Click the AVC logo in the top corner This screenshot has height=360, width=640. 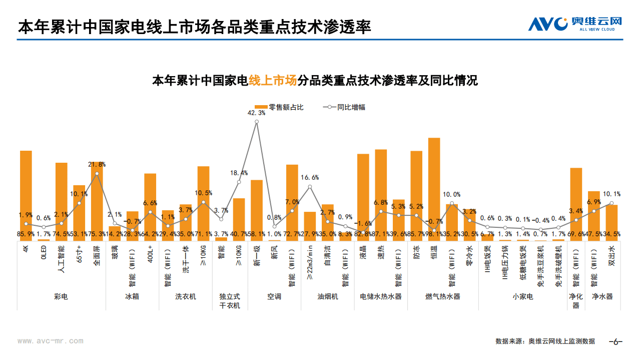(x=575, y=24)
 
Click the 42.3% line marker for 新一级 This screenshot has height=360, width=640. (x=257, y=122)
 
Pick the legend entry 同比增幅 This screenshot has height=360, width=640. (x=345, y=107)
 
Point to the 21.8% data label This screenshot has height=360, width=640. (x=97, y=164)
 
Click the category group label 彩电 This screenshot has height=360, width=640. (x=61, y=296)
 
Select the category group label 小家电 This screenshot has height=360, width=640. (x=522, y=296)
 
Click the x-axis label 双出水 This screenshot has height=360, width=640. (x=611, y=255)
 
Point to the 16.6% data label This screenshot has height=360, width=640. (x=310, y=177)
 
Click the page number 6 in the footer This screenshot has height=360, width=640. (x=615, y=341)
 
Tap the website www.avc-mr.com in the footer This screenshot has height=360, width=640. (x=51, y=341)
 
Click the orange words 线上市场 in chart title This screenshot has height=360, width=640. (x=273, y=81)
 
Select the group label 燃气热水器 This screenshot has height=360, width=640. (x=442, y=296)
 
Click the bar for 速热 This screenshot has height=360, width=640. (x=381, y=195)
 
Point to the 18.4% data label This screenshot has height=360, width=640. (x=239, y=173)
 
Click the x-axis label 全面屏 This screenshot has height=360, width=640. (x=97, y=255)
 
